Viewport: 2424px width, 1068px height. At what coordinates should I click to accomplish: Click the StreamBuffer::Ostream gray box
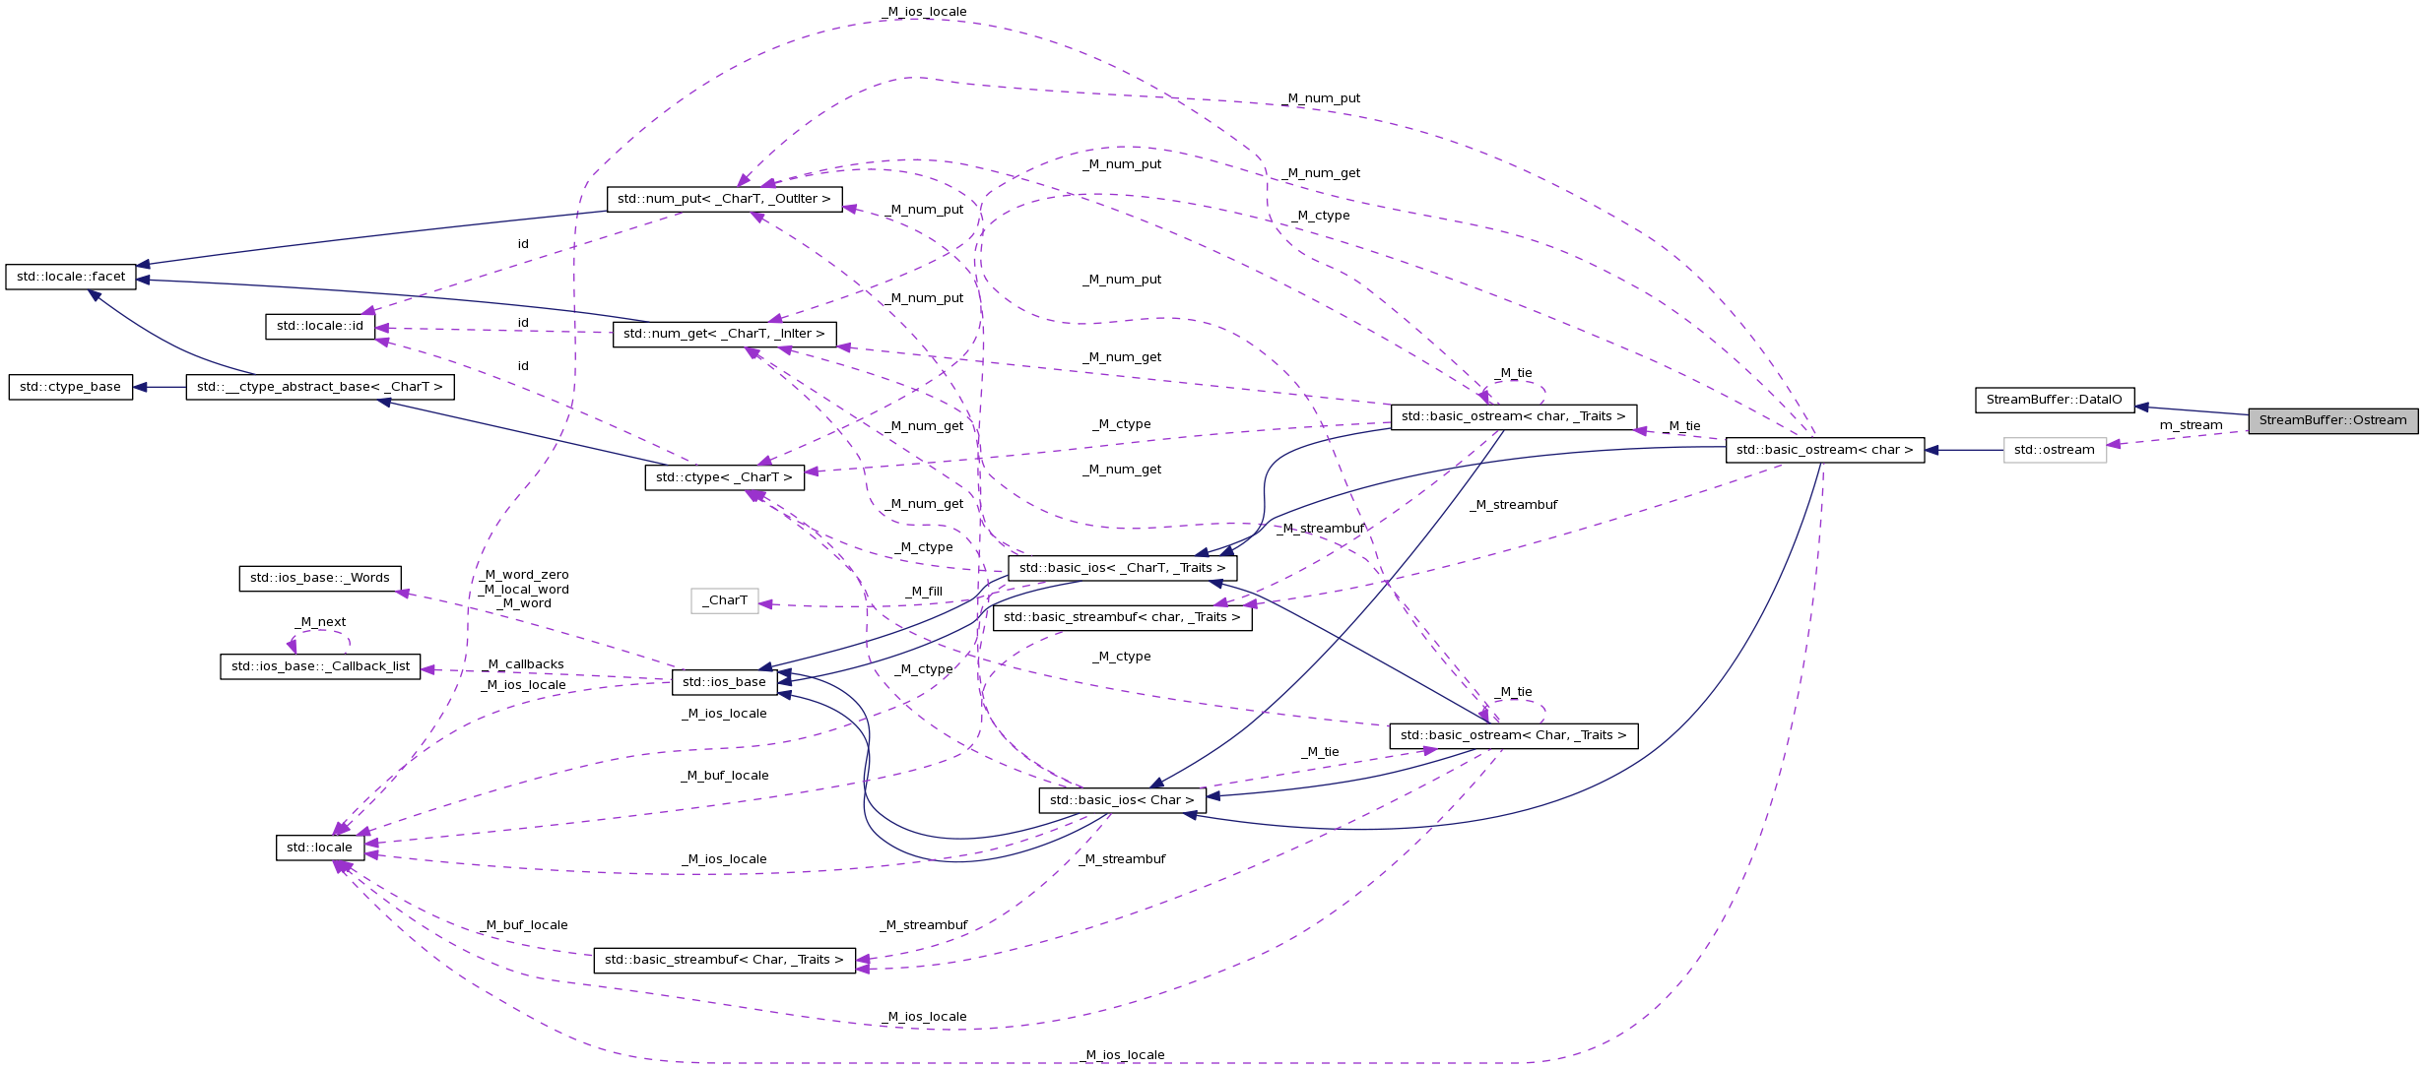(2331, 420)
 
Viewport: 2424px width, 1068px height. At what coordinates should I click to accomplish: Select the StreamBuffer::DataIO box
(2054, 400)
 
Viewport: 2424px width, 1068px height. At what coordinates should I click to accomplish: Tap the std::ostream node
(2054, 450)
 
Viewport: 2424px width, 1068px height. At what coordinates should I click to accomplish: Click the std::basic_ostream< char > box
(1824, 450)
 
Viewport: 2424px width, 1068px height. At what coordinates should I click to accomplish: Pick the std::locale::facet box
(71, 277)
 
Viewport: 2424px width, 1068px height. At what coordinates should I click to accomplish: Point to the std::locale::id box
(320, 326)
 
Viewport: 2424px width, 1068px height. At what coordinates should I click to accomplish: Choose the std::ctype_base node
(70, 387)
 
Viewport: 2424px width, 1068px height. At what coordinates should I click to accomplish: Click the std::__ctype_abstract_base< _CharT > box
(320, 387)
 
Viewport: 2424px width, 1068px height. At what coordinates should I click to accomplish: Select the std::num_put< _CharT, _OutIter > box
(724, 199)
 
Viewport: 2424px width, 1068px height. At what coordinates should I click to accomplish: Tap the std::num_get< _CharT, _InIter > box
(724, 334)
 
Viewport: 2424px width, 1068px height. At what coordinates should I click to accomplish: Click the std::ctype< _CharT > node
(724, 477)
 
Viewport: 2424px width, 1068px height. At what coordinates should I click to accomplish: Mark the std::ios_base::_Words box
(320, 578)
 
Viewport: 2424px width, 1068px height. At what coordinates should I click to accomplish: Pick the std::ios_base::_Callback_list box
(320, 666)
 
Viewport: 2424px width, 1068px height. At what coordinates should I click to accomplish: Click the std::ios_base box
(724, 682)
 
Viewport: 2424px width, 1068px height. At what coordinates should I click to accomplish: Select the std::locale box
(319, 848)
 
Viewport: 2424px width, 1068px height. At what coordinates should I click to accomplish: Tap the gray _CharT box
(725, 600)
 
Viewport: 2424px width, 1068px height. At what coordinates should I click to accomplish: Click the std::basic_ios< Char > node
(1122, 800)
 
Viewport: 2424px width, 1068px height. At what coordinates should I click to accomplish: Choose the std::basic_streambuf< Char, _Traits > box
(724, 960)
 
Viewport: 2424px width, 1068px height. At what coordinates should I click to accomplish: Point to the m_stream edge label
(2191, 425)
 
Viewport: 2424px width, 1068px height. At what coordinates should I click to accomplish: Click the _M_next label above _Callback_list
(320, 622)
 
